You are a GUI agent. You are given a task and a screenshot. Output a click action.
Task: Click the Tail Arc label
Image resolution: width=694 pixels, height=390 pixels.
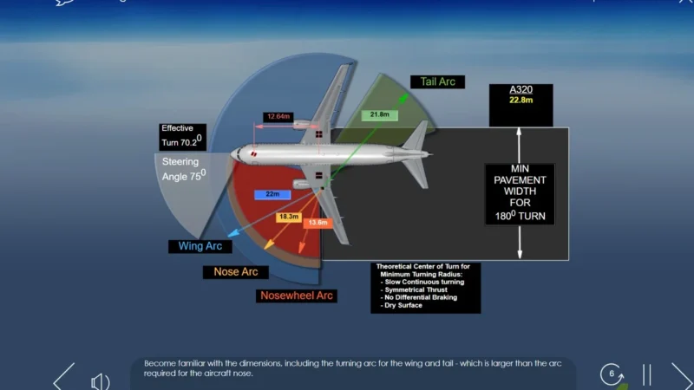click(x=438, y=82)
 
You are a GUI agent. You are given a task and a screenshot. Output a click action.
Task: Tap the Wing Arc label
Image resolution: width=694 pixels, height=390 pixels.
click(x=200, y=246)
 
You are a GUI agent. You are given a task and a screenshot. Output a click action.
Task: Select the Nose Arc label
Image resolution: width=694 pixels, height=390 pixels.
click(x=235, y=272)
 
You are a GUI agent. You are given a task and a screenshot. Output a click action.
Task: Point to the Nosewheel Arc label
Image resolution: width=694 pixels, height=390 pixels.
click(x=297, y=296)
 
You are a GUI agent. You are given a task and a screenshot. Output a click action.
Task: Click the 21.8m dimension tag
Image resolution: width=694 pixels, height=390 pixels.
click(x=379, y=114)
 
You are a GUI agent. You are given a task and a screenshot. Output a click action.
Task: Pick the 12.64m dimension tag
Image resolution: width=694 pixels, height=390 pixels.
click(x=278, y=116)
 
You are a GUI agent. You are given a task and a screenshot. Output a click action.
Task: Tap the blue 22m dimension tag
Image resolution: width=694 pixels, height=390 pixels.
click(x=272, y=195)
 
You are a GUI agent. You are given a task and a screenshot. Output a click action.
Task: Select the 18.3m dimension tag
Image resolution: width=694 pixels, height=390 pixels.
click(x=288, y=217)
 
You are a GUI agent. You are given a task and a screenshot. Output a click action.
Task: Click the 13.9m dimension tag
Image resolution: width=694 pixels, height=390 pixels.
click(x=318, y=224)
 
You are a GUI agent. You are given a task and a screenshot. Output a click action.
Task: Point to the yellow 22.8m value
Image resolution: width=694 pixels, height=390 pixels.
click(x=520, y=100)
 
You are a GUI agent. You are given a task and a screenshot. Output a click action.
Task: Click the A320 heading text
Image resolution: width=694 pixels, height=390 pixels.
click(x=520, y=90)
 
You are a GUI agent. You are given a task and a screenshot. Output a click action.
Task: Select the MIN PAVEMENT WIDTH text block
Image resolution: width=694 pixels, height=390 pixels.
click(x=520, y=192)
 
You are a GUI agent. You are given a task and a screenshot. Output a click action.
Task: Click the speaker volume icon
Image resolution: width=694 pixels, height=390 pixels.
click(x=101, y=380)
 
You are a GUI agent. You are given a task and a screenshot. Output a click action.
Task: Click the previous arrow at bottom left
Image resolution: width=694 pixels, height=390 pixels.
click(x=64, y=378)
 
